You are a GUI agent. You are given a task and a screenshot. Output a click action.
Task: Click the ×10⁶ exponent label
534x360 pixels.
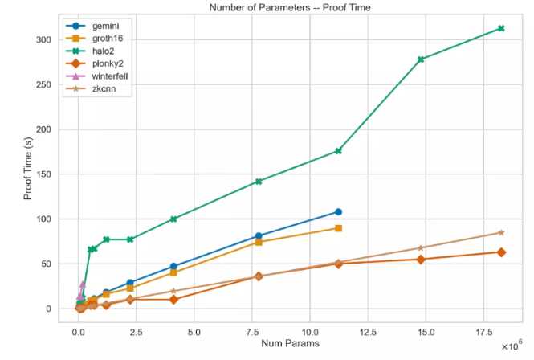(512, 346)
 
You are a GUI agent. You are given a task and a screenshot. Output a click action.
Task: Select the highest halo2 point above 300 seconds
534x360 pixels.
(501, 28)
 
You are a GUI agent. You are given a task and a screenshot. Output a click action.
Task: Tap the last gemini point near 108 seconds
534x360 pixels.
(339, 212)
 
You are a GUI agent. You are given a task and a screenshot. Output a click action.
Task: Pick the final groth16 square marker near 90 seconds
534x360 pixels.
(339, 228)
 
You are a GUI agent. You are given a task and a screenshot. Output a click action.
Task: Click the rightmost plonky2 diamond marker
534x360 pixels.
(501, 252)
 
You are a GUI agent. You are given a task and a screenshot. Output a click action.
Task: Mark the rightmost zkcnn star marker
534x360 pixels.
(501, 233)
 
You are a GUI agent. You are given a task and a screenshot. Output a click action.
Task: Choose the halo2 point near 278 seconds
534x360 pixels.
(421, 59)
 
